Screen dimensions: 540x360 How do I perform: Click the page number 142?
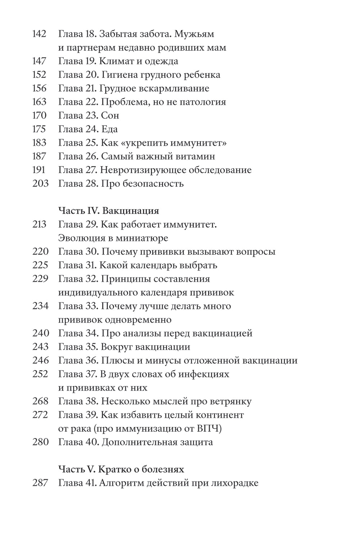39,34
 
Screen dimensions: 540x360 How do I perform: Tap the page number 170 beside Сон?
39,116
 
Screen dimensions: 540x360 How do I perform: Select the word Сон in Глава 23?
110,116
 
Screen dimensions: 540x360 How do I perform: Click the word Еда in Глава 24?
109,130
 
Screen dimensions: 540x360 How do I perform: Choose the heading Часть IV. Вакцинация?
109,210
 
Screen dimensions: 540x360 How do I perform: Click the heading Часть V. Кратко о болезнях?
121,469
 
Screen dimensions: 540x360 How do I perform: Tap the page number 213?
39,225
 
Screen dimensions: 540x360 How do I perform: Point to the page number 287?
40,483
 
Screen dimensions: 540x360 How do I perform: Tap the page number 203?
40,184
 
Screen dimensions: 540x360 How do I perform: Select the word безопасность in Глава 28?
153,184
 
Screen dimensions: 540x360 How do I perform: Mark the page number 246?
40,360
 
